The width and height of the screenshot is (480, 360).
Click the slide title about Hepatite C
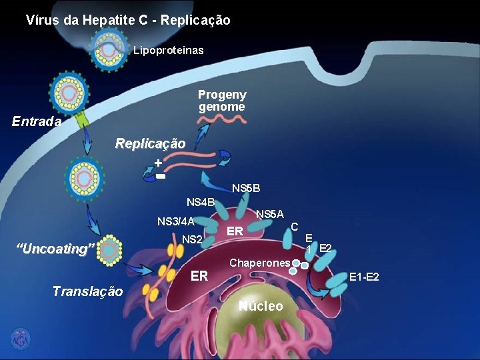[128, 21]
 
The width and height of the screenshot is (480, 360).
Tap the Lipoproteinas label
[169, 51]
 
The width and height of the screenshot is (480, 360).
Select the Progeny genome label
[222, 101]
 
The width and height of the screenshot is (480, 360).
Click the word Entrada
[37, 122]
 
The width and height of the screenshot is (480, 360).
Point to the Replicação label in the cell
[150, 143]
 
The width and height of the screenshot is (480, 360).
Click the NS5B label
[246, 189]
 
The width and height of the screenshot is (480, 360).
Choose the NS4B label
[200, 202]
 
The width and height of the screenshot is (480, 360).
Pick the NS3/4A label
[175, 221]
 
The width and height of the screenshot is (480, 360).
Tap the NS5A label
[270, 214]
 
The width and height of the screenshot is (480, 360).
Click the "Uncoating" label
[55, 249]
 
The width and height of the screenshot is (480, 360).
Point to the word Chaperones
[259, 263]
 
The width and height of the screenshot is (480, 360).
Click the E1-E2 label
[365, 276]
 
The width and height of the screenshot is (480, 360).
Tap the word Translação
[87, 291]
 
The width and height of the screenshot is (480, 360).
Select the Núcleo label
[261, 306]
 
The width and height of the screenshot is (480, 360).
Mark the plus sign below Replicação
[157, 163]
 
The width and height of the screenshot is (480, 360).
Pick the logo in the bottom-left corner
[20, 338]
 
